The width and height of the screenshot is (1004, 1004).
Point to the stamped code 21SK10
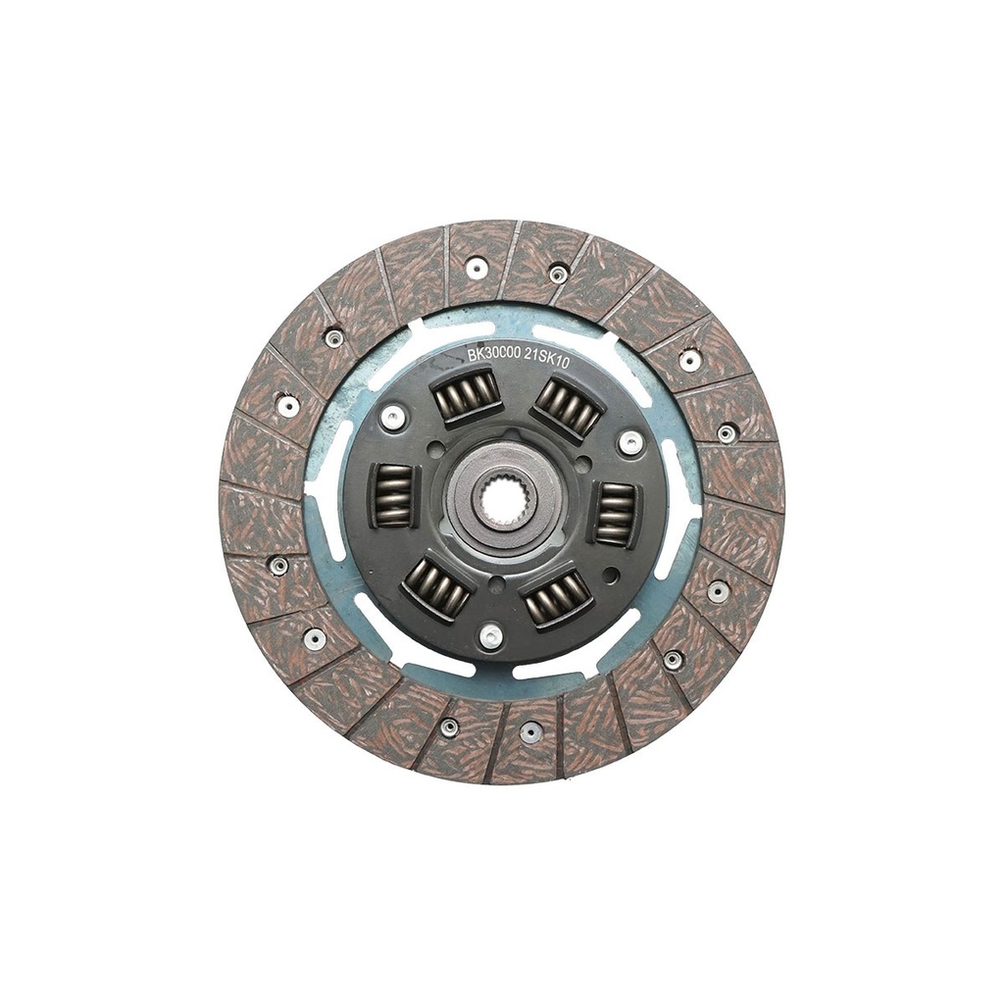pos(547,359)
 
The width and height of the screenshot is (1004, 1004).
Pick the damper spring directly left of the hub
pos(391,495)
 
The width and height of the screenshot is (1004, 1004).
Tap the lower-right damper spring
pos(556,598)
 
